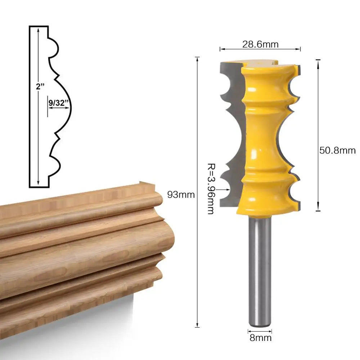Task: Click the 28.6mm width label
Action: pyautogui.click(x=260, y=44)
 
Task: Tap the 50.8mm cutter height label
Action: pyautogui.click(x=337, y=150)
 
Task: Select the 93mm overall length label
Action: pyautogui.click(x=181, y=195)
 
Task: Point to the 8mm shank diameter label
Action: pyautogui.click(x=260, y=338)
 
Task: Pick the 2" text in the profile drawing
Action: pyautogui.click(x=40, y=86)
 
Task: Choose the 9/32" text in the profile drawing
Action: pyautogui.click(x=58, y=103)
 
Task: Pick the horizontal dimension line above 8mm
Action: pyautogui.click(x=260, y=330)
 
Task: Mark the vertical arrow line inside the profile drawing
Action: pyautogui.click(x=38, y=144)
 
